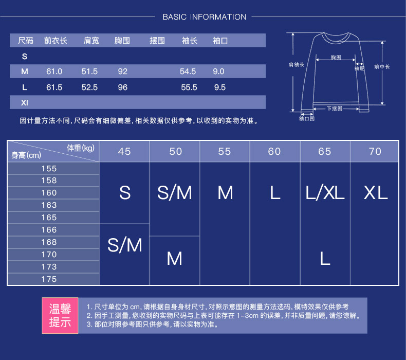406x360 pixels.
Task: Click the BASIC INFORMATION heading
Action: [x=204, y=17]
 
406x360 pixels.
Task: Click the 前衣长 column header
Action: [x=56, y=41]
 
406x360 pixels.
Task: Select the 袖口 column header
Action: [x=220, y=41]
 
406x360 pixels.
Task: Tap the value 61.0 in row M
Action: [x=54, y=71]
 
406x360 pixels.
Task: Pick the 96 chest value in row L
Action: [x=122, y=87]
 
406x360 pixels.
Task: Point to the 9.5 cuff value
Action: [x=219, y=87]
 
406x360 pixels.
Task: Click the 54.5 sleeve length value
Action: [x=188, y=71]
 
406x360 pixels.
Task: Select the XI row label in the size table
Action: [x=24, y=103]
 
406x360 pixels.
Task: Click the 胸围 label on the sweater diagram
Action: [x=336, y=58]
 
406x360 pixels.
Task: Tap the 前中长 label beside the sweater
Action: [x=382, y=67]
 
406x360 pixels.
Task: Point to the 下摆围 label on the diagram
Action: [x=335, y=109]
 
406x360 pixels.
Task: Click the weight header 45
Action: [x=124, y=151]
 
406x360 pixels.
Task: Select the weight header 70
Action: [x=375, y=151]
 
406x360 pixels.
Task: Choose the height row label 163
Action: [x=49, y=205]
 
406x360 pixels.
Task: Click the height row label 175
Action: [x=49, y=279]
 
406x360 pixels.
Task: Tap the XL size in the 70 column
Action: [x=375, y=193]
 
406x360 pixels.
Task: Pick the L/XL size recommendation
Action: [x=325, y=193]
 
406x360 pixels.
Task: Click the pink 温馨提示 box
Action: [x=60, y=315]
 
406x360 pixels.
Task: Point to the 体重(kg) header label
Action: [x=81, y=148]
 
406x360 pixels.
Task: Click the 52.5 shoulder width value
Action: [x=89, y=87]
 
